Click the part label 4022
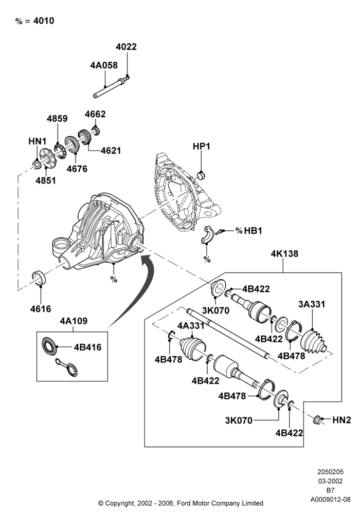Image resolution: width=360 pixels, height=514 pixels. [x=126, y=47]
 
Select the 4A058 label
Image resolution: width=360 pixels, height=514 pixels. [x=104, y=65]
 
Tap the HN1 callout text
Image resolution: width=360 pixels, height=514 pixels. [x=38, y=141]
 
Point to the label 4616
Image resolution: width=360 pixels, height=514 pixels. [x=41, y=308]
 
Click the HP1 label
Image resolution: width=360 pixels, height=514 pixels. [x=201, y=146]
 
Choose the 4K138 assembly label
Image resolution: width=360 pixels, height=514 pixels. [x=284, y=253]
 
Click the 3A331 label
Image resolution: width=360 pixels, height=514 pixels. [x=312, y=304]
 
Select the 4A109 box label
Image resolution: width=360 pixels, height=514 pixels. [x=74, y=321]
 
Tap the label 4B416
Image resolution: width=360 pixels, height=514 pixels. [x=87, y=347]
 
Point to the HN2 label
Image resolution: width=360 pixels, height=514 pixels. [x=341, y=420]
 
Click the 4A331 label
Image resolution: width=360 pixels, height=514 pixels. [x=191, y=326]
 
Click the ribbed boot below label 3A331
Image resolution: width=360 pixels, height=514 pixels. [x=313, y=342]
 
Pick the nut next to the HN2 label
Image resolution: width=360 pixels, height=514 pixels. [x=317, y=419]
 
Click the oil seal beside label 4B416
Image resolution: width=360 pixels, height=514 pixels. [x=49, y=345]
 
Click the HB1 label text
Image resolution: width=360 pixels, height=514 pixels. [x=253, y=231]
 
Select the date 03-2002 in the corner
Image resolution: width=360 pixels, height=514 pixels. [x=331, y=481]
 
